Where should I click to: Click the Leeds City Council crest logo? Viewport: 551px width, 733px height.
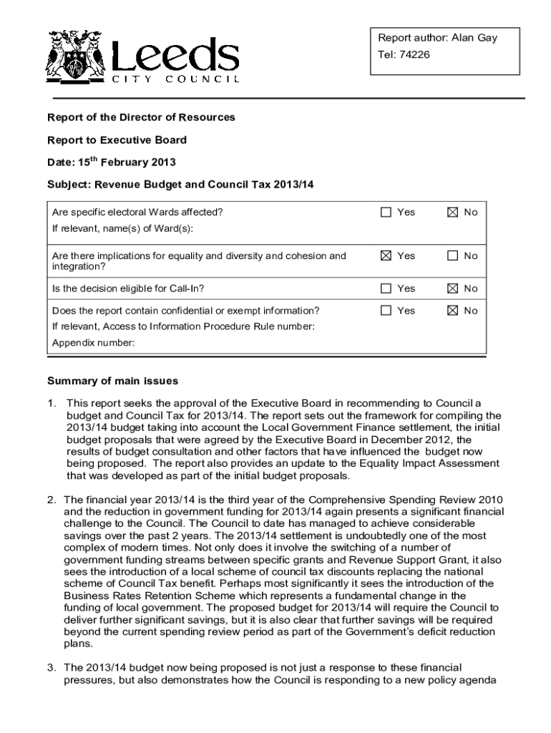73,57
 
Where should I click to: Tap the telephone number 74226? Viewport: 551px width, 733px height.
415,54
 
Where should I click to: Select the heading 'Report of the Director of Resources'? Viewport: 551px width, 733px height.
141,117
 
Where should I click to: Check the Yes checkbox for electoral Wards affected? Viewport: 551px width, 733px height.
386,213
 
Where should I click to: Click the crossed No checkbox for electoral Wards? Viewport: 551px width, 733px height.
452,213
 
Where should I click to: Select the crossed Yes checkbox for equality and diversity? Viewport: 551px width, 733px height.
386,256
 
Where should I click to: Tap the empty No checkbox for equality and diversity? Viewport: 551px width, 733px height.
452,256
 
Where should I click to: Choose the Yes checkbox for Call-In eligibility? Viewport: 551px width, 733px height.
386,288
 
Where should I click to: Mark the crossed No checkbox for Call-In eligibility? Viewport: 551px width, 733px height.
452,288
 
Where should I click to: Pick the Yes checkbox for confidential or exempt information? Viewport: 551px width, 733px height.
386,311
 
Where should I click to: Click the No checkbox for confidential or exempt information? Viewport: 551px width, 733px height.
452,311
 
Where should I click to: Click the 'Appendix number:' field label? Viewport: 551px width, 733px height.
94,342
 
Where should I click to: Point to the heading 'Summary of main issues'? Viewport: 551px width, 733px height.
112,380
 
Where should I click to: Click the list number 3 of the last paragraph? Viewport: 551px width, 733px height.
52,666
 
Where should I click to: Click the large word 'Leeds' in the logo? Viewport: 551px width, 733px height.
175,53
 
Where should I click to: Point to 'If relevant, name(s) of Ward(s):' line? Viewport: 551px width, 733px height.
123,229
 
